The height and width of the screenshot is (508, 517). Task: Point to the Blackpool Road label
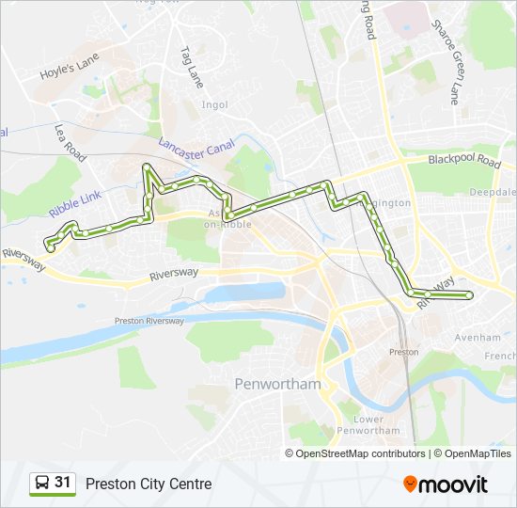tap(464, 160)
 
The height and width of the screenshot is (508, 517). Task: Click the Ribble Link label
tap(76, 208)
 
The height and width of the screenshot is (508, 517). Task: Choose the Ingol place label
tap(214, 104)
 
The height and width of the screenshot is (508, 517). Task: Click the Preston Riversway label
tap(149, 321)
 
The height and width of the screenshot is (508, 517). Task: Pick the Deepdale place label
tap(493, 192)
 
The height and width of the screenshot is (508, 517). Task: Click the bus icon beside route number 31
tap(42, 484)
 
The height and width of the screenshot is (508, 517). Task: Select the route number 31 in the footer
tap(63, 483)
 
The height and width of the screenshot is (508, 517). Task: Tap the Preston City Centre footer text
tap(149, 484)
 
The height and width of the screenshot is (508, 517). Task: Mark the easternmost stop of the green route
tap(469, 296)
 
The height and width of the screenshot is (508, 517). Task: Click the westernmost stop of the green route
tap(49, 246)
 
